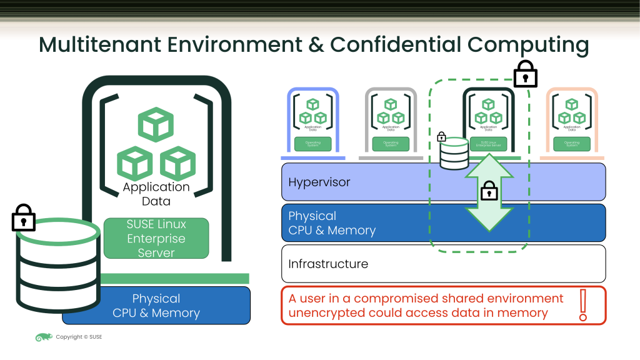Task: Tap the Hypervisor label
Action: coord(319,182)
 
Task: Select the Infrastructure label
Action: coord(328,264)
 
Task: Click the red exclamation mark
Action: coord(584,305)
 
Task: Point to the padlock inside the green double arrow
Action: coord(489,191)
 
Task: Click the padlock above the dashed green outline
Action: coord(525,76)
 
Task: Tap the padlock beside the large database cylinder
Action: coord(24,218)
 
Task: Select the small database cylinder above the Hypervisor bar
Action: coord(454,154)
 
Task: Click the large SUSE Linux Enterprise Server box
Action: coord(156,238)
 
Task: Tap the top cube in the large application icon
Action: coord(156,124)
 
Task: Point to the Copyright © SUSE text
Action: coord(79,337)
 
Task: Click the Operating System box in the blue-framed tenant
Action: coord(312,144)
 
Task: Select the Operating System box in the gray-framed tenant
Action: coord(391,144)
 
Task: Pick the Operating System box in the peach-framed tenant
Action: coord(572,144)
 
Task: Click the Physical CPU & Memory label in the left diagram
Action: coord(156,306)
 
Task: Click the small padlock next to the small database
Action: coord(441,137)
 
